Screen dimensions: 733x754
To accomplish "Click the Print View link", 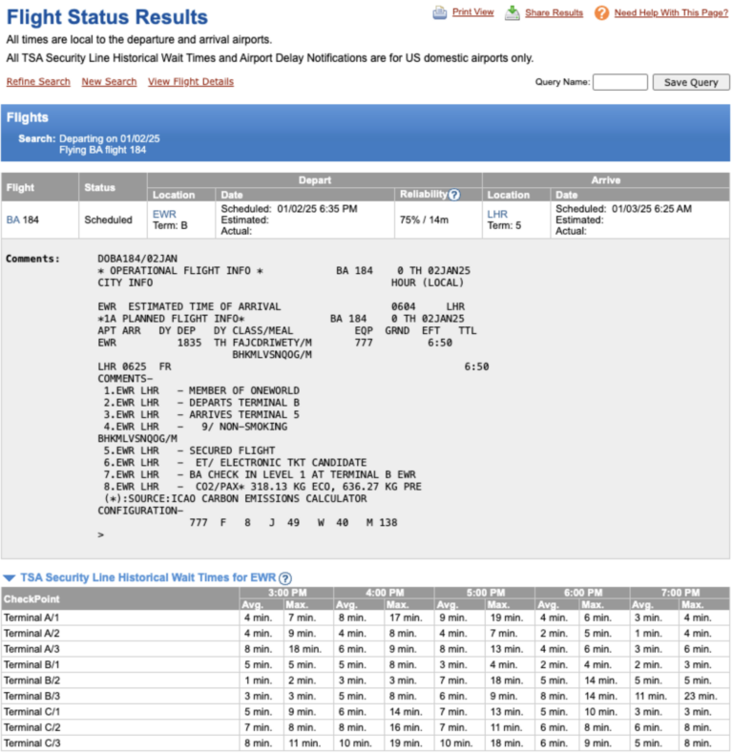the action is click(472, 12).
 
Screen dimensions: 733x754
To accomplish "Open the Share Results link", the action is click(554, 13).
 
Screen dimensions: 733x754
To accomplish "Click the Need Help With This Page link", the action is click(671, 13).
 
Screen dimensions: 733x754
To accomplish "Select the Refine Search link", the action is click(38, 82).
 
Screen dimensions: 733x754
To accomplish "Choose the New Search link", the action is click(109, 82).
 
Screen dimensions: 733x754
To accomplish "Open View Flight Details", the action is click(191, 82).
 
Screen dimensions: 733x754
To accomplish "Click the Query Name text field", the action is click(619, 82).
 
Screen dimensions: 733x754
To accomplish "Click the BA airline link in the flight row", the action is click(13, 220).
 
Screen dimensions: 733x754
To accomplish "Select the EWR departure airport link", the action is click(164, 214).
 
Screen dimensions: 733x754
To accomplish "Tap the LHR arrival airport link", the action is click(498, 214).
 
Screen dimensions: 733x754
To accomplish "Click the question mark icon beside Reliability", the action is click(454, 195).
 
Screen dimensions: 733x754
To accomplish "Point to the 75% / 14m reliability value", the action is click(425, 220).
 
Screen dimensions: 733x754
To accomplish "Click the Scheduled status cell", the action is click(108, 220).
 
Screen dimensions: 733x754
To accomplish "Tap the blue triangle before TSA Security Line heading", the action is click(9, 577).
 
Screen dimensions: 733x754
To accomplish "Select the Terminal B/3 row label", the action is click(31, 696).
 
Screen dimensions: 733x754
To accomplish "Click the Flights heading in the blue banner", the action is click(28, 117).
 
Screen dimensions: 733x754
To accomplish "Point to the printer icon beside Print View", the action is click(439, 12).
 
